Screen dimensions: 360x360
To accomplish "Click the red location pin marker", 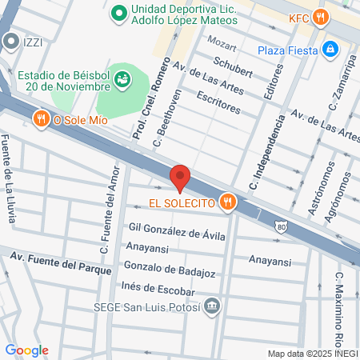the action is point(180,178).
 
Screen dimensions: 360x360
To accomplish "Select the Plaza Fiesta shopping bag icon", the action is point(330,50).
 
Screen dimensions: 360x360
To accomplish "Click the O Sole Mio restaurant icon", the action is point(41,119).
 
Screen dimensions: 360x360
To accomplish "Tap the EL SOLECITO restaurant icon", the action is point(228,202).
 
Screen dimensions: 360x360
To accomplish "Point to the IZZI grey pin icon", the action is point(10,40).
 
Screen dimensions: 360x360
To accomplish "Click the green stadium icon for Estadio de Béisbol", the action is point(122,78).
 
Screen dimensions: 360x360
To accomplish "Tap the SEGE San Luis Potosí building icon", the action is point(212,306).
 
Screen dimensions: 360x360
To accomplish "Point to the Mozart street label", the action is point(222,39).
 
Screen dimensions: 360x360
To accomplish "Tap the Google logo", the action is point(27,350).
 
